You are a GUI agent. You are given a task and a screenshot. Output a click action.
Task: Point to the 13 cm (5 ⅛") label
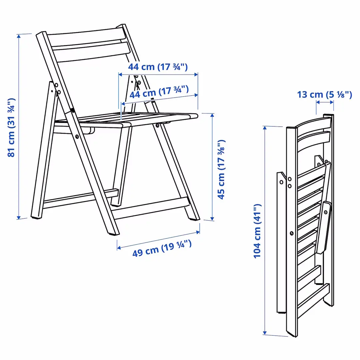(x=324, y=95)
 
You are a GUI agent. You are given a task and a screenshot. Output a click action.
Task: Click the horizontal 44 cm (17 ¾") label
(x=158, y=67)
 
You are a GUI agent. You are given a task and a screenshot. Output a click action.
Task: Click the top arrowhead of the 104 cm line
(x=265, y=128)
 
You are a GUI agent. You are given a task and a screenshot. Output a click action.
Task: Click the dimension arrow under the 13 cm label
(x=324, y=102)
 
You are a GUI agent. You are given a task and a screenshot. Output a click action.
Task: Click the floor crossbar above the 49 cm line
(x=150, y=208)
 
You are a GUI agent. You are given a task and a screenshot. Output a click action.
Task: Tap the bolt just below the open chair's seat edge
(x=157, y=125)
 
